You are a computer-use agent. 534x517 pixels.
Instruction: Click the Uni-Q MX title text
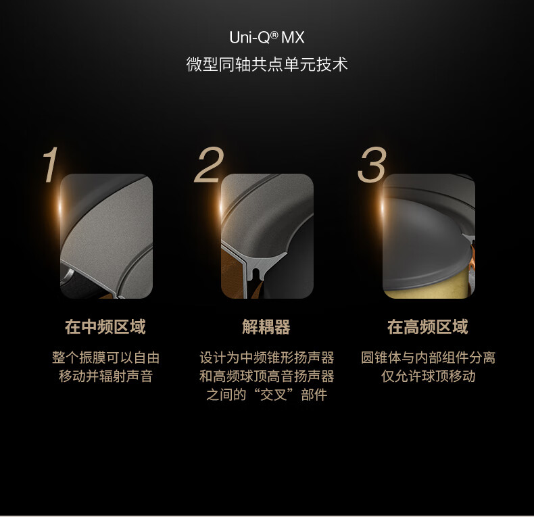pyautogui.click(x=266, y=37)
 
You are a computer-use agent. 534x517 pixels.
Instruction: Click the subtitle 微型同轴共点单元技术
pyautogui.click(x=267, y=64)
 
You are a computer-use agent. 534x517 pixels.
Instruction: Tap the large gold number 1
pyautogui.click(x=51, y=165)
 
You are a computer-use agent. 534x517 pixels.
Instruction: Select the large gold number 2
pyautogui.click(x=209, y=165)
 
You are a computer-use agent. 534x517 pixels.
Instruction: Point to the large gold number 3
pyautogui.click(x=372, y=165)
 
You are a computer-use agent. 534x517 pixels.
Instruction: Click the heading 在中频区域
pyautogui.click(x=105, y=326)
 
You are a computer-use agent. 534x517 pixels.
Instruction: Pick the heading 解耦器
pyautogui.click(x=266, y=326)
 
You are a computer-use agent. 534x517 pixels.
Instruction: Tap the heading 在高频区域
pyautogui.click(x=428, y=326)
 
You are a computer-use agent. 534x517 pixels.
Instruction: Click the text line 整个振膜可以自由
pyautogui.click(x=105, y=358)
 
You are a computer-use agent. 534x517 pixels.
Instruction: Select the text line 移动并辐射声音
pyautogui.click(x=105, y=376)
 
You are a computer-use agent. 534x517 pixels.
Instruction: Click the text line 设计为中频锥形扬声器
pyautogui.click(x=266, y=358)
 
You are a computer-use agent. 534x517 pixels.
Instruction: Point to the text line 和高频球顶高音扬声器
pyautogui.click(x=266, y=376)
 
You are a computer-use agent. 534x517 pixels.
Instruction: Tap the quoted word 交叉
pyautogui.click(x=274, y=395)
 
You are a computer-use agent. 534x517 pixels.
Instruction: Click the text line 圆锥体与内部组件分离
pyautogui.click(x=428, y=358)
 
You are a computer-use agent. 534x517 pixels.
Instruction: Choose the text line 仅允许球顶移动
pyautogui.click(x=428, y=376)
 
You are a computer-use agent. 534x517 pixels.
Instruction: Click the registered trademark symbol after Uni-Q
pyautogui.click(x=274, y=34)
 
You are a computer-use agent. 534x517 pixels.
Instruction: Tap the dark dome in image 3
pyautogui.click(x=426, y=239)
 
